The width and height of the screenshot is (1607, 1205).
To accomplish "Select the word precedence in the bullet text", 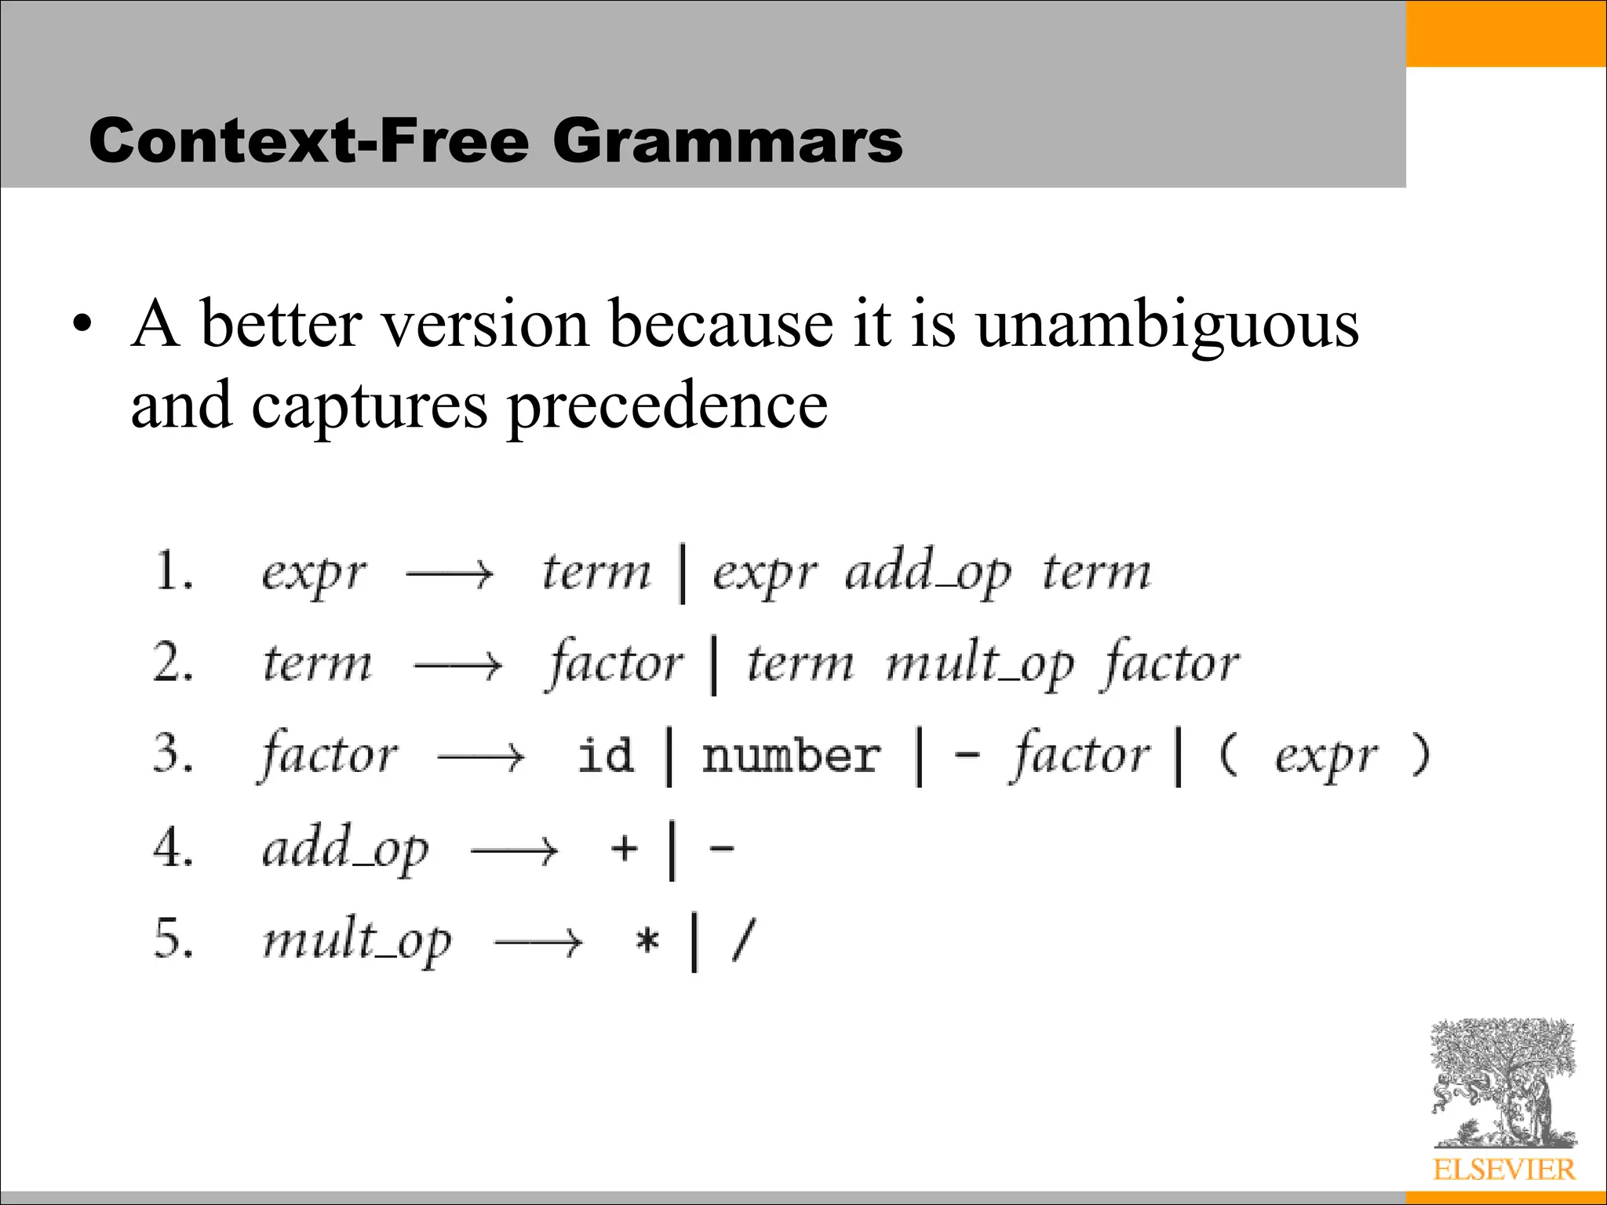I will (667, 406).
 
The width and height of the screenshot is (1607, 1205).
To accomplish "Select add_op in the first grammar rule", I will (927, 572).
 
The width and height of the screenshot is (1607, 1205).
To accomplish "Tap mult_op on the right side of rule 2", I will (978, 664).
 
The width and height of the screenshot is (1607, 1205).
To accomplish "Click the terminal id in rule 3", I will (605, 755).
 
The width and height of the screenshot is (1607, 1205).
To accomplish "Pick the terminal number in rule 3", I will (790, 755).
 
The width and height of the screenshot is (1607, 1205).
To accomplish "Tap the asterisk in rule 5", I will (647, 939).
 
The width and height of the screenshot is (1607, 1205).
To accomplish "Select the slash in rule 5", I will (743, 939).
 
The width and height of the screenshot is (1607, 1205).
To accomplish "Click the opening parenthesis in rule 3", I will (1228, 755).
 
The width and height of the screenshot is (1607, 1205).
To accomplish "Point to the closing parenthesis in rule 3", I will (1419, 755).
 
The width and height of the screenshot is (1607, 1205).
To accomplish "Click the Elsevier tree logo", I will (1503, 1083).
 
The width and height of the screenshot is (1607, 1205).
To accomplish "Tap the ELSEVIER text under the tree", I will (1503, 1170).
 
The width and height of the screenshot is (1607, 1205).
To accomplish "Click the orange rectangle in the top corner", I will (1506, 33).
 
